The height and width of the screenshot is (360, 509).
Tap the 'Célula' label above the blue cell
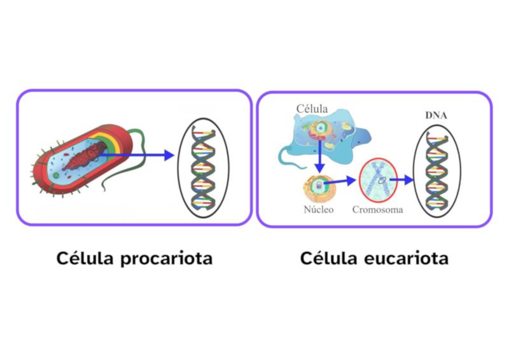click(x=312, y=109)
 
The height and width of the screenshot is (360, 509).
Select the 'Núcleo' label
click(x=319, y=210)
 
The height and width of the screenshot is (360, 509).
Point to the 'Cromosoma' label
click(x=377, y=210)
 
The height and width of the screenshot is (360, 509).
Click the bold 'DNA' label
click(x=436, y=115)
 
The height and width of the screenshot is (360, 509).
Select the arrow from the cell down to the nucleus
click(x=319, y=159)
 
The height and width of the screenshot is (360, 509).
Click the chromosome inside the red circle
click(x=377, y=177)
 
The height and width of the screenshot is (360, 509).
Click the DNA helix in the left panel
click(x=202, y=164)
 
